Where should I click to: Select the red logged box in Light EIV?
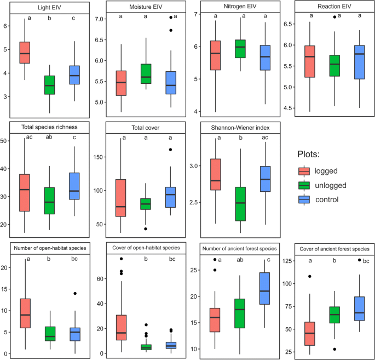click(x=25, y=53)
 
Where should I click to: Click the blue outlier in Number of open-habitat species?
click(x=74, y=294)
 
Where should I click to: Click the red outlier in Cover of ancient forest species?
click(x=310, y=277)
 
